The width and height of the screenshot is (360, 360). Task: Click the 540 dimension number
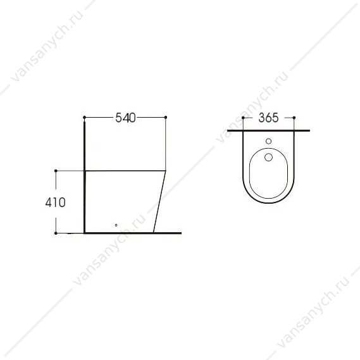(x=125, y=118)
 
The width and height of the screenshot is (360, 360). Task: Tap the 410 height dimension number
(x=55, y=202)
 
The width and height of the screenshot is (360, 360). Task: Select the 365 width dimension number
(x=268, y=118)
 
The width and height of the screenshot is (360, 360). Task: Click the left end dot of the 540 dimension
(x=84, y=117)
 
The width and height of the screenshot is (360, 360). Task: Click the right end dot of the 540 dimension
(x=166, y=117)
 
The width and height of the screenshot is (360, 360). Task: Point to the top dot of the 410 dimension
(x=56, y=171)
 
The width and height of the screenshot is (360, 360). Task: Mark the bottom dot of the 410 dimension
(x=56, y=233)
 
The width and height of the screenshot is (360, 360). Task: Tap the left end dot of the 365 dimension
(x=243, y=118)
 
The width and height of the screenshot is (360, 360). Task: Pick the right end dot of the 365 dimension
(x=294, y=118)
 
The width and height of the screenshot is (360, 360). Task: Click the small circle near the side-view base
(x=116, y=225)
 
